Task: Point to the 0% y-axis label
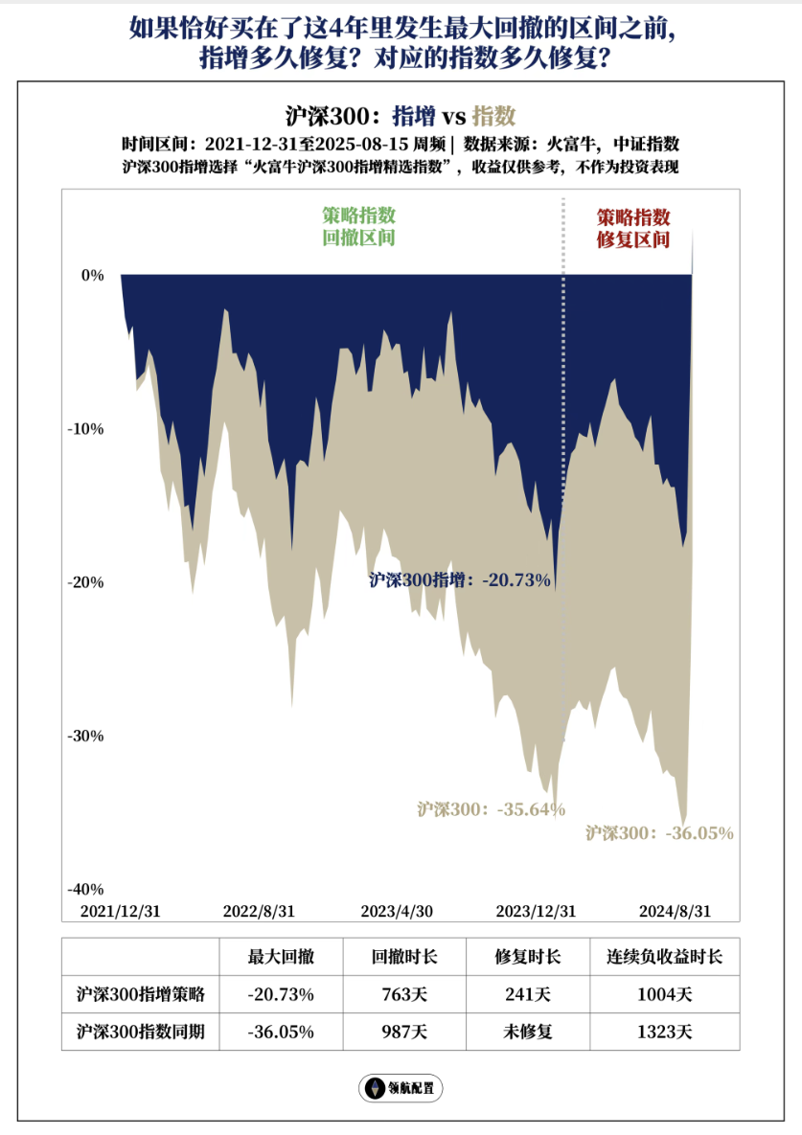(92, 275)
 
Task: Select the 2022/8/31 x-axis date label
(259, 911)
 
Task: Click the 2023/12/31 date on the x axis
(536, 911)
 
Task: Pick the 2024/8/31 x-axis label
(675, 911)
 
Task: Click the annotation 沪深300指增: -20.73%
(460, 579)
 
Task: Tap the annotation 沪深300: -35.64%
(491, 809)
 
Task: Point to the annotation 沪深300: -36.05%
(659, 833)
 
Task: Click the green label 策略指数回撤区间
(358, 227)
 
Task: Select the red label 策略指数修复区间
(632, 228)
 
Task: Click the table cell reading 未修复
(528, 1032)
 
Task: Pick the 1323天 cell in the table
(664, 1032)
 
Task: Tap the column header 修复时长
(528, 957)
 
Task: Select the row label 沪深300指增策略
(141, 994)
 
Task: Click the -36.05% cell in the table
(281, 1032)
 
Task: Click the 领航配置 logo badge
(401, 1088)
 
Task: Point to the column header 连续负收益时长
(664, 957)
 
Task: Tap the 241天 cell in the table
(528, 994)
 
